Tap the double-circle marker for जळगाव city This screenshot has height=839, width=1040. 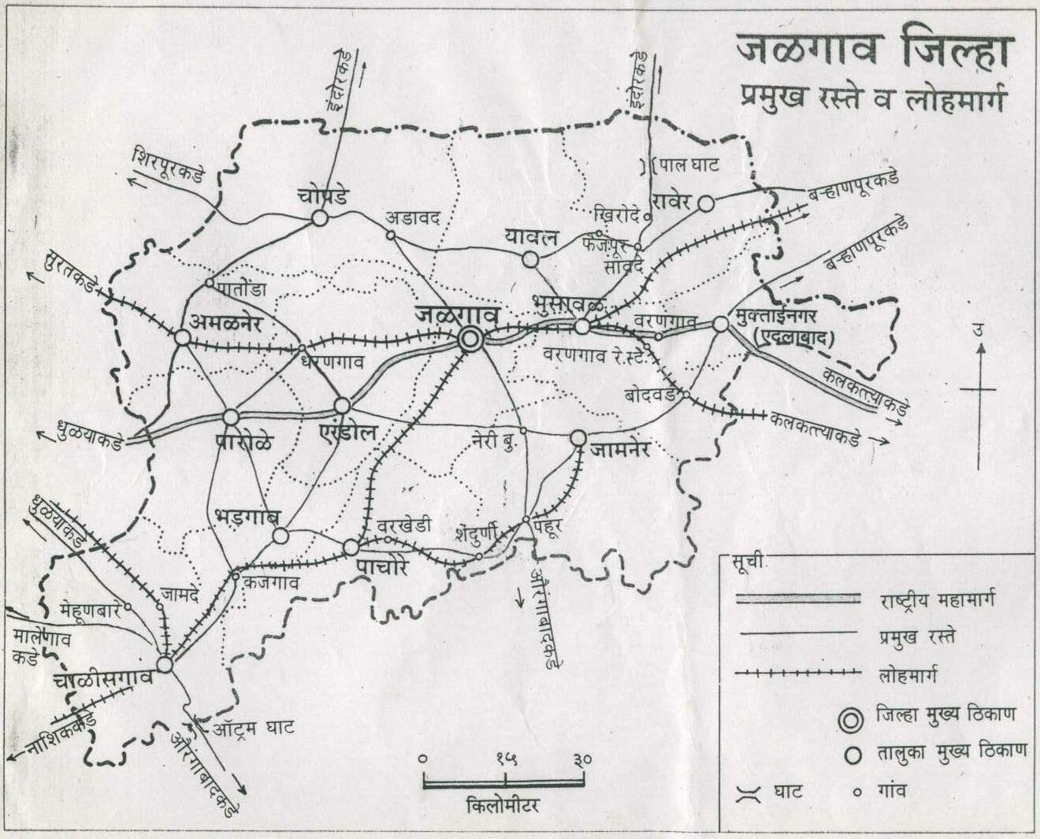coord(470,340)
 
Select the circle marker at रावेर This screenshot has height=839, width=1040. coord(706,203)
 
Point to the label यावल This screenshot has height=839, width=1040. coord(532,236)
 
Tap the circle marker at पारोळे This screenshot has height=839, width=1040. coord(231,417)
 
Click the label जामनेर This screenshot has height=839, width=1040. coord(620,450)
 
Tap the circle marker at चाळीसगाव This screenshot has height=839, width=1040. coord(165,665)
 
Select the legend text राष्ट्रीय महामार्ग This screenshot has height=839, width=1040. coord(938,600)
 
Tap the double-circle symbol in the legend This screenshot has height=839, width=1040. coord(850,719)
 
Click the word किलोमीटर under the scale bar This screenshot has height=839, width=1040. coord(503,807)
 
